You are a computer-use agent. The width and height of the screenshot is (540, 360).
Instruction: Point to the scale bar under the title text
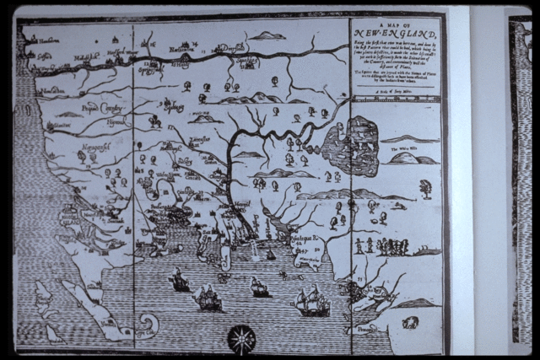point(394,99)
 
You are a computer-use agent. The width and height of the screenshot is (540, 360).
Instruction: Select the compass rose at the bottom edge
point(241,338)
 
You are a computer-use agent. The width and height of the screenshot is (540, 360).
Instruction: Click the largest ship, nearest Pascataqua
point(311,302)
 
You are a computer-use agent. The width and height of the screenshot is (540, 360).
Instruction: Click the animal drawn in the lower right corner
point(410,322)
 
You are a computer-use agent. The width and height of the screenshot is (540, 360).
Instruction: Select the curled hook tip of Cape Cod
point(149,323)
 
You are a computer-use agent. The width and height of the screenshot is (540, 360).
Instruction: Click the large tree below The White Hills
point(425,189)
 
